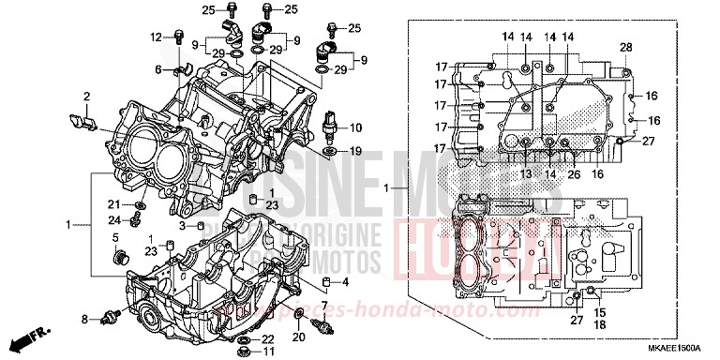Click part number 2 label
[x=85, y=96]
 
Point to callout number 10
[x=355, y=127]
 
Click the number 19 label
[x=355, y=151]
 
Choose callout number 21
[x=112, y=204]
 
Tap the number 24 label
[x=112, y=220]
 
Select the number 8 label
[x=83, y=321]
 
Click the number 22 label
[x=267, y=338]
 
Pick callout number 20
[x=299, y=337]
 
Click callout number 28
[x=626, y=47]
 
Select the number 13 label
[x=526, y=174]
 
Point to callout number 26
[x=573, y=174]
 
